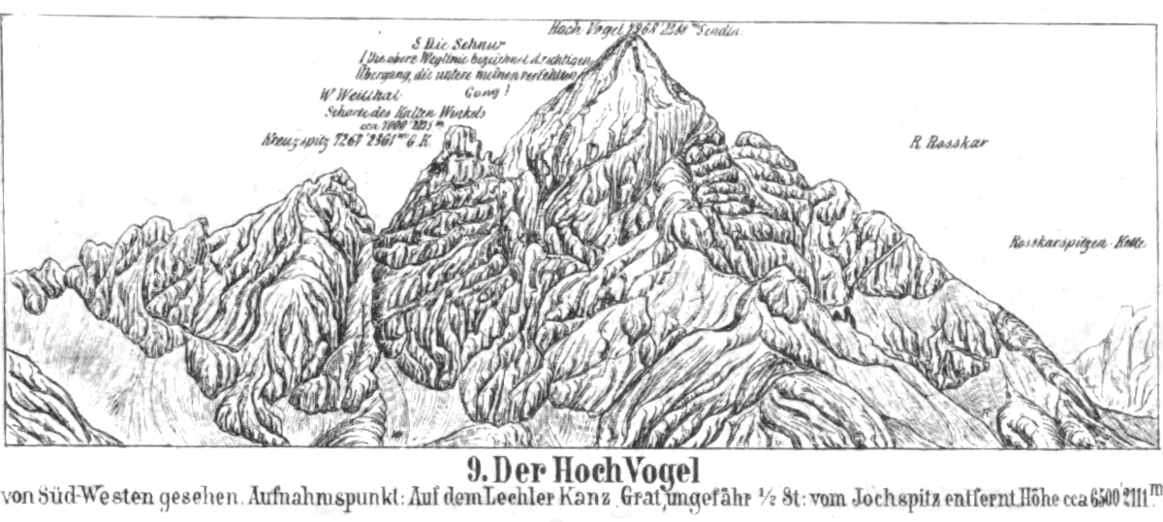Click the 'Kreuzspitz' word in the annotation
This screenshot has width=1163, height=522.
(x=289, y=140)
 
